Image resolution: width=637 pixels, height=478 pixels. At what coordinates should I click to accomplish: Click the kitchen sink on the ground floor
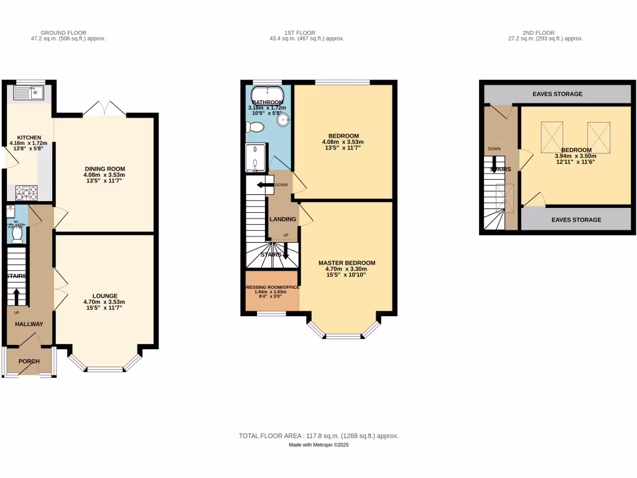click(x=27, y=93)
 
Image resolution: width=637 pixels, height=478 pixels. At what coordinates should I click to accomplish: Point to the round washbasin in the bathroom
click(x=286, y=120)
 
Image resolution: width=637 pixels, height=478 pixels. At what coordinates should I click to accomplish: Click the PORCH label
click(x=29, y=362)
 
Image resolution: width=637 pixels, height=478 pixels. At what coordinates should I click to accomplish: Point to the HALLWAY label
click(x=29, y=324)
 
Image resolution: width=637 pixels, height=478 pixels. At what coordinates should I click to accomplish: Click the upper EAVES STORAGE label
click(x=557, y=94)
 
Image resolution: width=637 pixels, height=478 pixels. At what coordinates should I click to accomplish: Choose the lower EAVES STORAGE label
click(x=576, y=220)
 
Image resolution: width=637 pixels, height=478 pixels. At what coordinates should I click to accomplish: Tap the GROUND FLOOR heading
click(x=63, y=32)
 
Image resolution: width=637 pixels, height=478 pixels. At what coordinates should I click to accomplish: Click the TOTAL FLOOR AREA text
click(x=318, y=436)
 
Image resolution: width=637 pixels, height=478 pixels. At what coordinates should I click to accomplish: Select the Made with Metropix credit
click(x=318, y=445)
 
